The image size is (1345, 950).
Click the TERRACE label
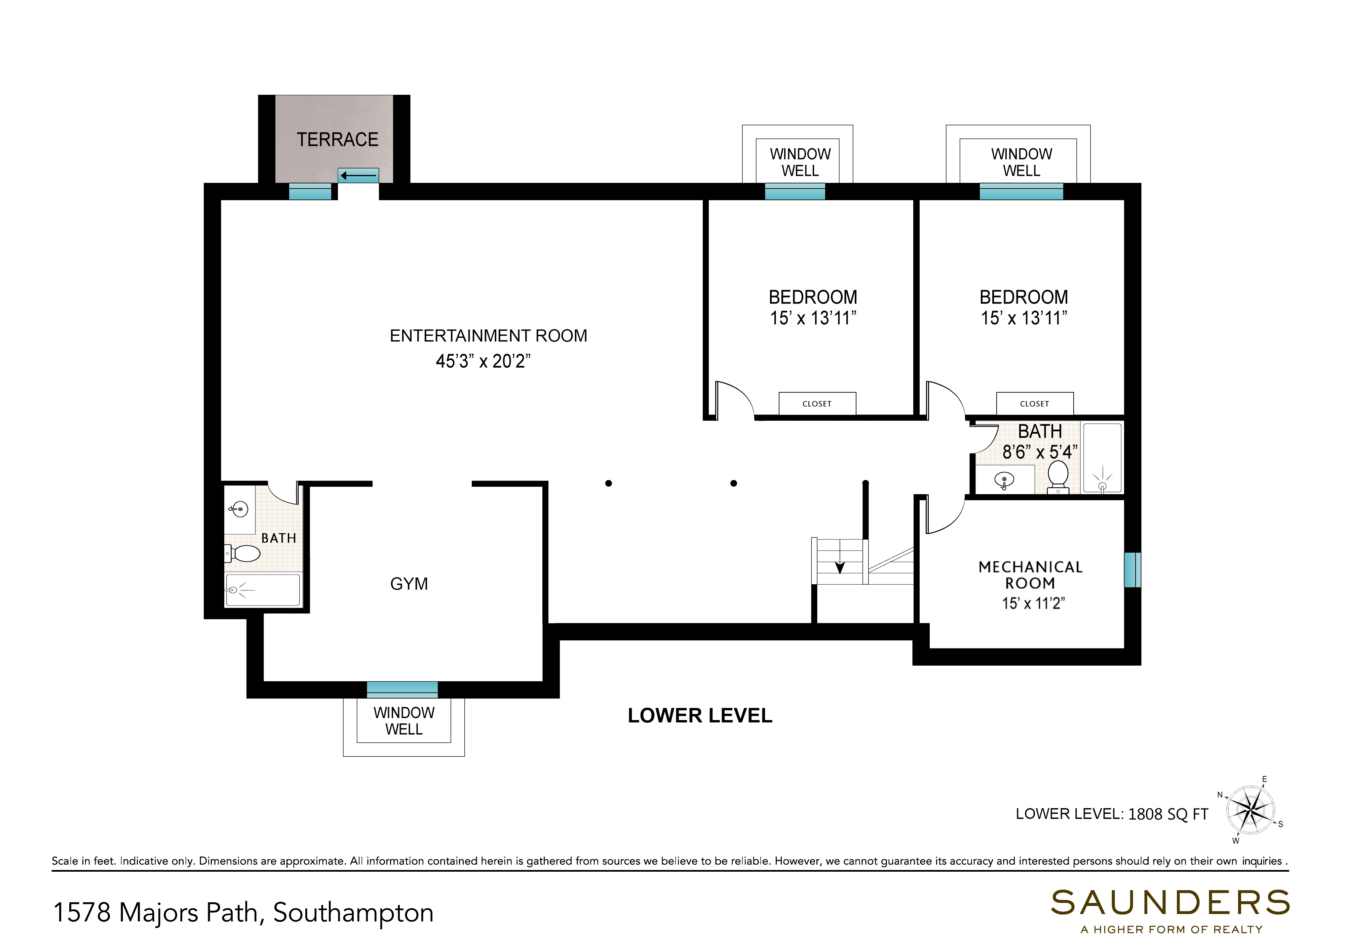click(337, 140)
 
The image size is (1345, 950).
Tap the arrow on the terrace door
click(358, 175)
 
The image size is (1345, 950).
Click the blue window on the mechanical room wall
click(1132, 570)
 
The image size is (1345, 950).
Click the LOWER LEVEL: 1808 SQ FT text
click(1112, 814)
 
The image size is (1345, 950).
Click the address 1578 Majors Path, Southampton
click(243, 912)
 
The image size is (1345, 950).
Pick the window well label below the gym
click(404, 721)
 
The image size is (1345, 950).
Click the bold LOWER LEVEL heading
click(700, 716)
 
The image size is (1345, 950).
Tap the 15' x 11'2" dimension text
click(1033, 603)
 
